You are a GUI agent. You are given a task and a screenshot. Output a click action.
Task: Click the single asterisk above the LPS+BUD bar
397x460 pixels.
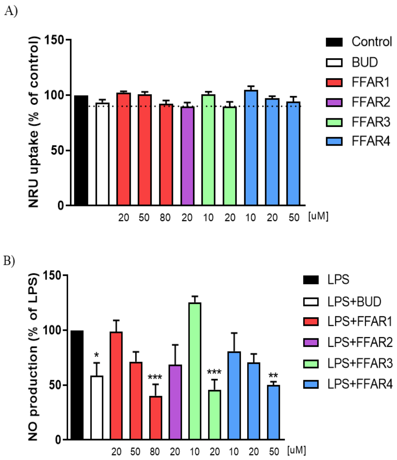[96, 356]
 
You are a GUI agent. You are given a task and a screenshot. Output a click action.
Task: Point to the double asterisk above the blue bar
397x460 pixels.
[273, 376]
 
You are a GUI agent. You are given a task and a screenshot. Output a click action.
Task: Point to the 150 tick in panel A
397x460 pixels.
[54, 40]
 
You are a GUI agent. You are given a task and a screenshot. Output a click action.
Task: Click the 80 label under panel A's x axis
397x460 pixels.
[165, 218]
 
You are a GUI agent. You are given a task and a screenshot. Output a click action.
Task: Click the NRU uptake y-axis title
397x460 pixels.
[34, 122]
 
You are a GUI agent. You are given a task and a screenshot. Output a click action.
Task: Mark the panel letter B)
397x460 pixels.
[9, 261]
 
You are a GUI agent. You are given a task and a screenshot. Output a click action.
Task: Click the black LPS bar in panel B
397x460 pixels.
[77, 385]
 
